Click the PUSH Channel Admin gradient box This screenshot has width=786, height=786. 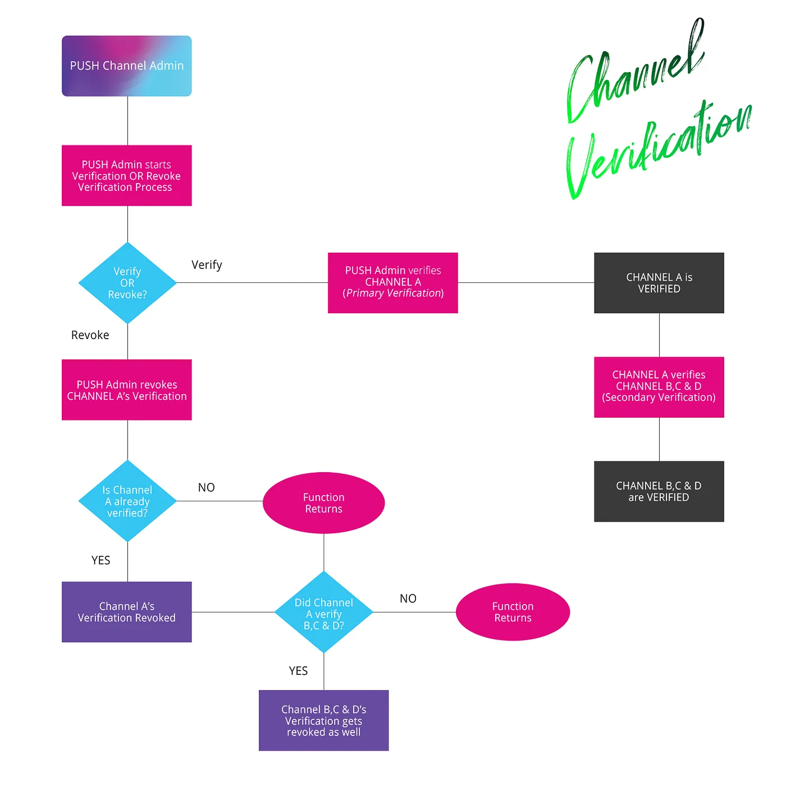coord(127,66)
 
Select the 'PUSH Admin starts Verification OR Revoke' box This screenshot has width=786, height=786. coord(127,176)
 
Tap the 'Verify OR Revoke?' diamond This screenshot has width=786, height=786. coord(127,283)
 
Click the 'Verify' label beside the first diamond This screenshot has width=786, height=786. coord(207,265)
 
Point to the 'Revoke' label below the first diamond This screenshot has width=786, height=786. coord(90,335)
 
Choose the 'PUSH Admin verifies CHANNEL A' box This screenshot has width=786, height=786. coord(393,282)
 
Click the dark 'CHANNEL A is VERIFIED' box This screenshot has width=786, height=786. coord(659,283)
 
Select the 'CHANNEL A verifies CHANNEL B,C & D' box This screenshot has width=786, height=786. coord(659,387)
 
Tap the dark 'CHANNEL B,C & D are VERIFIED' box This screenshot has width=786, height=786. coord(659,491)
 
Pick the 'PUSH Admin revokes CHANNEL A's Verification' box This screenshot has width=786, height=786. coord(127,390)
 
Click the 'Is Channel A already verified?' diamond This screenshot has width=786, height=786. coord(127,501)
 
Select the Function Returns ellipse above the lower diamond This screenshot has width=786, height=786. coord(324,503)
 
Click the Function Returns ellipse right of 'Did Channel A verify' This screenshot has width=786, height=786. coord(513,612)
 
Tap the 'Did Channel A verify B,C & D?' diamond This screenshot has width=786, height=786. coord(324,613)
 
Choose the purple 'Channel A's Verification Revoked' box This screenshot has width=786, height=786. coord(127,612)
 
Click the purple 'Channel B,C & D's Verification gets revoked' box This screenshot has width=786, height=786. coord(324,720)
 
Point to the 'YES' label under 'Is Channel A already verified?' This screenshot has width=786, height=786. coord(101,560)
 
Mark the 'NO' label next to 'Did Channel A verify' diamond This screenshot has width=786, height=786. coord(408,598)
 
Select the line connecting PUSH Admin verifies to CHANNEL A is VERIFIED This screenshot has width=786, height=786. coord(526,282)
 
